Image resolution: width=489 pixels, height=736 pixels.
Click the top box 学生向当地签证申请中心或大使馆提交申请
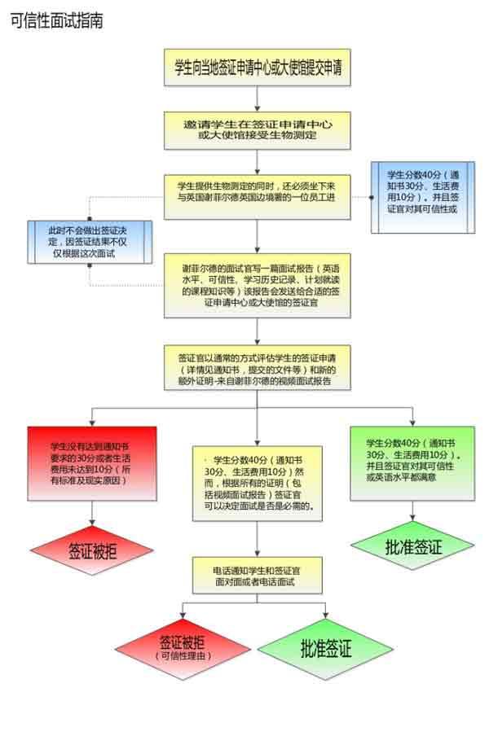click(258, 68)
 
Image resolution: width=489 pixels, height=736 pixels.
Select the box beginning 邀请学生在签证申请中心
click(258, 128)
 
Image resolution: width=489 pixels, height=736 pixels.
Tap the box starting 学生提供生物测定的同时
click(258, 196)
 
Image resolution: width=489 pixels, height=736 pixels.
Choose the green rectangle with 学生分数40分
click(413, 462)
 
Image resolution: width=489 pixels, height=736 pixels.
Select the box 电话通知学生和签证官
click(258, 575)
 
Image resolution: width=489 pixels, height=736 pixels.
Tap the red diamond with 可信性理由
click(182, 648)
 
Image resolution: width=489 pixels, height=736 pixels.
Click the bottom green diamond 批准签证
click(326, 649)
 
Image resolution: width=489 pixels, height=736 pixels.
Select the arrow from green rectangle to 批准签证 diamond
click(413, 510)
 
